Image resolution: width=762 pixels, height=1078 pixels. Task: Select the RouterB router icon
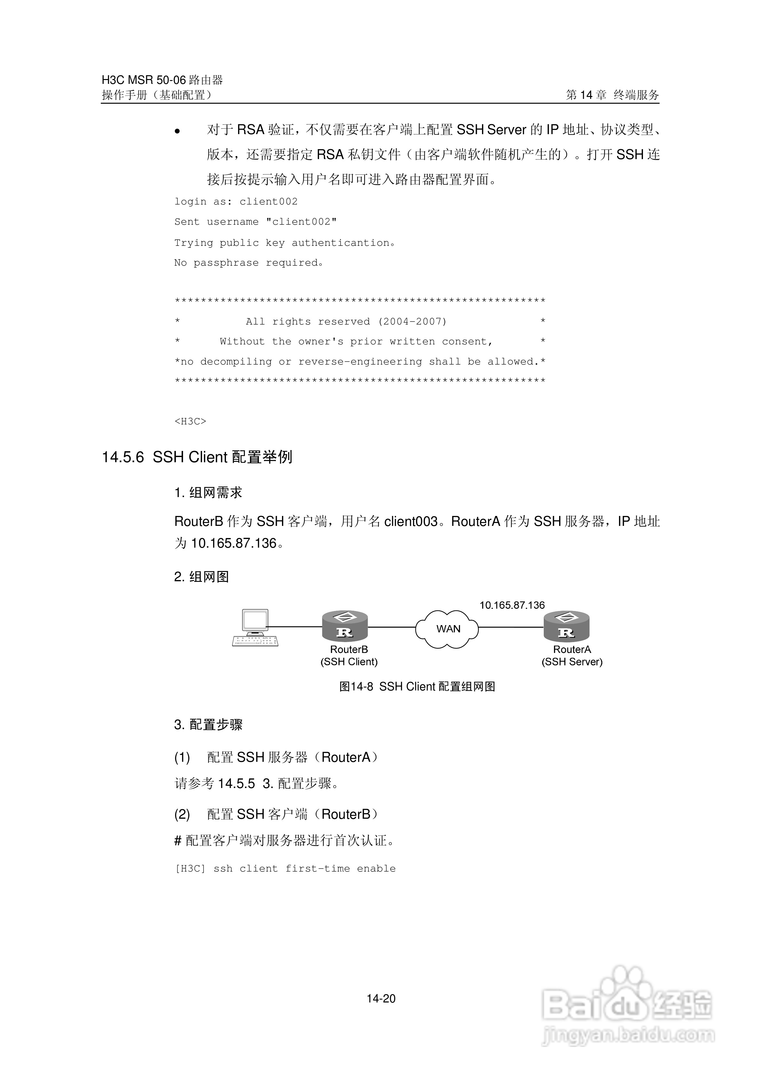tap(345, 626)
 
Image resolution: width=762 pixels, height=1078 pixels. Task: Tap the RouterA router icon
tap(566, 626)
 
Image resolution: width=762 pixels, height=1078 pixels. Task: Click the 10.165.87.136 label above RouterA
tap(512, 605)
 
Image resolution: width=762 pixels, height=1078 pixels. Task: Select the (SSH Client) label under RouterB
tap(349, 662)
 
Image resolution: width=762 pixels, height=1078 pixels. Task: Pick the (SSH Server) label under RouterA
tap(572, 662)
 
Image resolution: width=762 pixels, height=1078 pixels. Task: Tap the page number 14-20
tap(381, 999)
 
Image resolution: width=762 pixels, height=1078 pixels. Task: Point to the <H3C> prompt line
tap(190, 421)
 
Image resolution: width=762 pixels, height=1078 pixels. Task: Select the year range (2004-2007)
tap(412, 322)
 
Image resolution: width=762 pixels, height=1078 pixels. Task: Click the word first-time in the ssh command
tap(317, 869)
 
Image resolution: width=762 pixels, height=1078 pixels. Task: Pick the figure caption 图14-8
tap(356, 687)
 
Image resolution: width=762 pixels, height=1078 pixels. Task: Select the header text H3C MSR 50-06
tap(144, 80)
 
